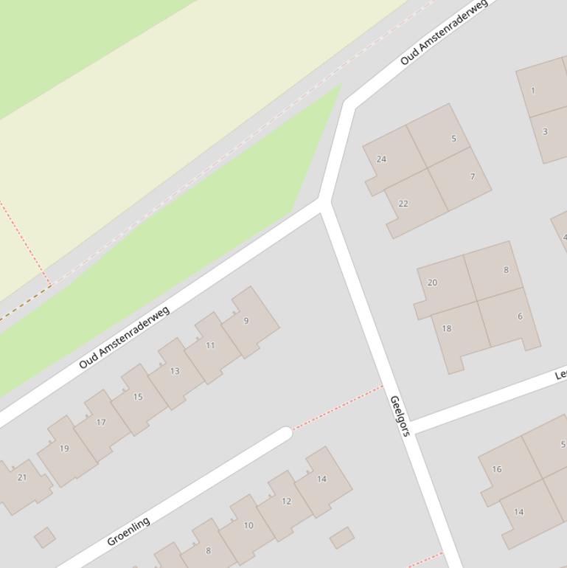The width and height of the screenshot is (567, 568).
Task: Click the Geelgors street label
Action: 399,416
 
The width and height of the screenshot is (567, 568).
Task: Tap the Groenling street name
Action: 128,531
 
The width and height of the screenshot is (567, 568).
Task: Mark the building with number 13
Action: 175,371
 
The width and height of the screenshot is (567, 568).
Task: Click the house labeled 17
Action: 101,423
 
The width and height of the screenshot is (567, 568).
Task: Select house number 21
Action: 22,477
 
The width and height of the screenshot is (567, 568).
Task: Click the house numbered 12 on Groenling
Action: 286,502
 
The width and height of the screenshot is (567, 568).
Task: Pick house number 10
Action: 248,526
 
